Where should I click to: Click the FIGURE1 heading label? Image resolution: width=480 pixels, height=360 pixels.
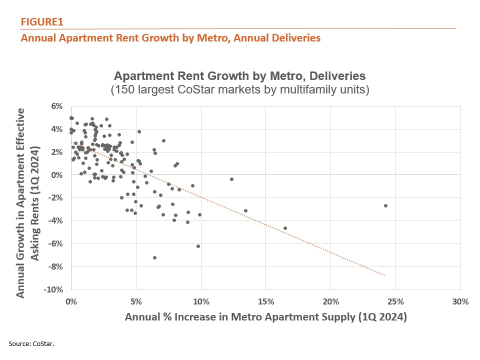(x=42, y=22)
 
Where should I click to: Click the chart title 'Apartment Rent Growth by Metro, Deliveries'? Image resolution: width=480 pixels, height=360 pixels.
(x=240, y=76)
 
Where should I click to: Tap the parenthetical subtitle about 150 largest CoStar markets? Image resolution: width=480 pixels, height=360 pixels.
(x=240, y=90)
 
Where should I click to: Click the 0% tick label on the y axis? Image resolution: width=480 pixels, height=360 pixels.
(x=56, y=175)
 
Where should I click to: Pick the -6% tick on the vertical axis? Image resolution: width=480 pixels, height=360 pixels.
(x=55, y=243)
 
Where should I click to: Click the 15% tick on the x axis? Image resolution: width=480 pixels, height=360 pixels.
(x=265, y=301)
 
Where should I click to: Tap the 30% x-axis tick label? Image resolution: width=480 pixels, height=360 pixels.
(x=460, y=301)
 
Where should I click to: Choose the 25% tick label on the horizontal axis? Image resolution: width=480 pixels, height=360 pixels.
(x=395, y=301)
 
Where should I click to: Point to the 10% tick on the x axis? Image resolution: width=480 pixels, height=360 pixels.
(x=201, y=301)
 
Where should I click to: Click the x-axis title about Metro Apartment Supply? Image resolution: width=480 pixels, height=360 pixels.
(x=265, y=317)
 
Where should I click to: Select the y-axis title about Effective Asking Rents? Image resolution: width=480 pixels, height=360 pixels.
(x=29, y=197)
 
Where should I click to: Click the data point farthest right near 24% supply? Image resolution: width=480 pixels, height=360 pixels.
(x=385, y=205)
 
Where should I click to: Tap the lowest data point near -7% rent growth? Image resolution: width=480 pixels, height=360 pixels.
(x=154, y=257)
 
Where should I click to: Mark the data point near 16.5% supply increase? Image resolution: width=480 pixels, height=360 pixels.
(x=285, y=228)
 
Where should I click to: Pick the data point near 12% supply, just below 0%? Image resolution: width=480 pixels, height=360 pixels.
(x=231, y=179)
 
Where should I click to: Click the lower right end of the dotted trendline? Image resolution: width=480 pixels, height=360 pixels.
(x=384, y=275)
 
